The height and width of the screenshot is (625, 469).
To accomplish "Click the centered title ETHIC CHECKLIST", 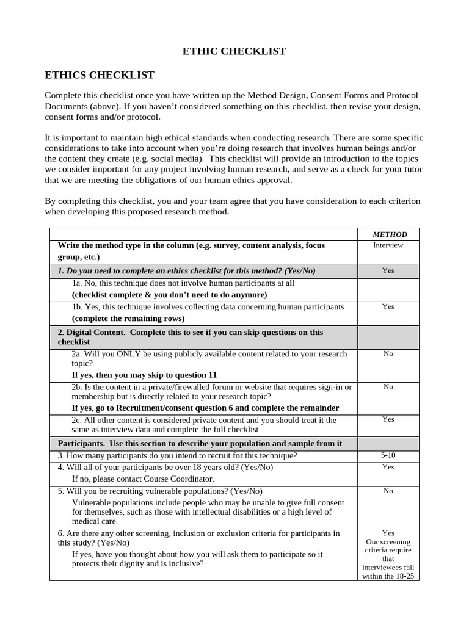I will (234, 51).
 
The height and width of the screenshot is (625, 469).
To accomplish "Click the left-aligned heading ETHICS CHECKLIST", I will (100, 75).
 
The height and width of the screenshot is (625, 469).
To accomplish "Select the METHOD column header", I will (390, 234).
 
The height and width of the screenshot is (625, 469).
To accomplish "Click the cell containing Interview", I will (388, 245).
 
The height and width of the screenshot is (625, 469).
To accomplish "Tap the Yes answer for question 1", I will (388, 270).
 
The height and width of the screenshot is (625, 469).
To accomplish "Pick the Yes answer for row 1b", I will (388, 307).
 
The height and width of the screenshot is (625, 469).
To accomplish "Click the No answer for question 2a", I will (388, 353).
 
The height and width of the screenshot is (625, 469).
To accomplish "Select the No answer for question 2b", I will (388, 387).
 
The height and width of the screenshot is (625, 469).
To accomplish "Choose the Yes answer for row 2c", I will (388, 419).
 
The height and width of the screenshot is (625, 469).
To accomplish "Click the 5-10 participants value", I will (388, 455).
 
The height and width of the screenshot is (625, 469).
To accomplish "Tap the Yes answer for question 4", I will (388, 467).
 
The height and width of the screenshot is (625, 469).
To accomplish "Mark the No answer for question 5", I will (388, 491).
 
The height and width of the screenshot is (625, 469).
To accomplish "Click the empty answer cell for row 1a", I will (388, 289).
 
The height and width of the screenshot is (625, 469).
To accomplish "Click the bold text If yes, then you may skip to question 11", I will (144, 375).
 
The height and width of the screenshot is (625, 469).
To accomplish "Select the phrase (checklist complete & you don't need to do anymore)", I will (170, 294).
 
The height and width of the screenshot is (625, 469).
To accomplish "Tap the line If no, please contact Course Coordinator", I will (143, 479).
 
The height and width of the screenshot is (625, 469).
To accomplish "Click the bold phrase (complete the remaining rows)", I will (128, 319).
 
